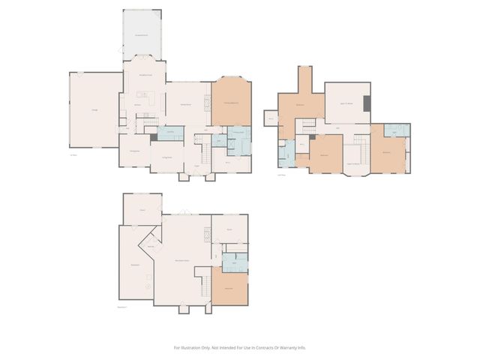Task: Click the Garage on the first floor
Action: (94, 111)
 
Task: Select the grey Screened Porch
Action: (141, 34)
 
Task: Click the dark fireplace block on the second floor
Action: (367, 105)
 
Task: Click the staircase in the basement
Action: (202, 285)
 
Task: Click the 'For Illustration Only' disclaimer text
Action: (240, 347)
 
